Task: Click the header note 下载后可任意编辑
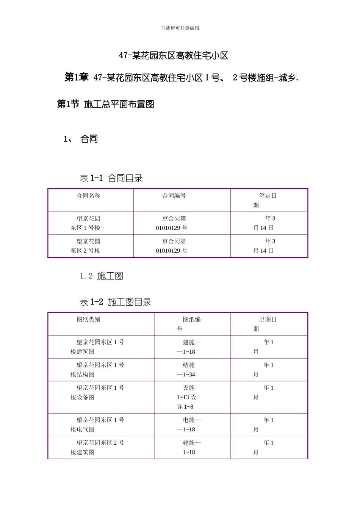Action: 180,28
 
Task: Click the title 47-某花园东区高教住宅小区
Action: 174,56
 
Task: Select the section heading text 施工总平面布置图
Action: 119,104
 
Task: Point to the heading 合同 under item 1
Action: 89,139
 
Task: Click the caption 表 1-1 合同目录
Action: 111,178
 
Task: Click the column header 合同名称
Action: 88,196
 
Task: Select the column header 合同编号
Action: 174,196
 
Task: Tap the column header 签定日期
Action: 265,200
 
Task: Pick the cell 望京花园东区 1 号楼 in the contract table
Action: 86,223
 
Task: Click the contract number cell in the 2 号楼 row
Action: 172,246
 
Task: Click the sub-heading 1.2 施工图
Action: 101,276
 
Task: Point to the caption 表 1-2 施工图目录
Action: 116,302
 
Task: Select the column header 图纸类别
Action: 88,319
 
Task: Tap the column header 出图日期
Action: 265,324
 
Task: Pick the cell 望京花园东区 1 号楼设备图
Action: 97,392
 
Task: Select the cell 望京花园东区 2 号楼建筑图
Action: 97,447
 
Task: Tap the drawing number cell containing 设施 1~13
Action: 186,397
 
